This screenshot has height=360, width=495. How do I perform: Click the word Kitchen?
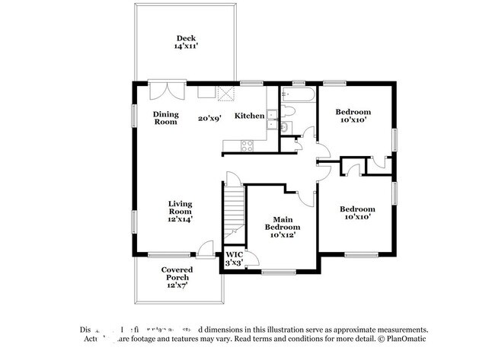249,116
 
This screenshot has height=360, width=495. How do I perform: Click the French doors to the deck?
165,90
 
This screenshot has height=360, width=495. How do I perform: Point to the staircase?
233,212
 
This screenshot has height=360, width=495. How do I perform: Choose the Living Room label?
180,207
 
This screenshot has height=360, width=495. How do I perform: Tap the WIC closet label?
232,253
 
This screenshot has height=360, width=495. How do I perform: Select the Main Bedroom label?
282,223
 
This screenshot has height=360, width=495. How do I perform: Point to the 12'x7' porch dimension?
177,285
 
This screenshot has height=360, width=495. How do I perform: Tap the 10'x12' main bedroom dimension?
282,235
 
